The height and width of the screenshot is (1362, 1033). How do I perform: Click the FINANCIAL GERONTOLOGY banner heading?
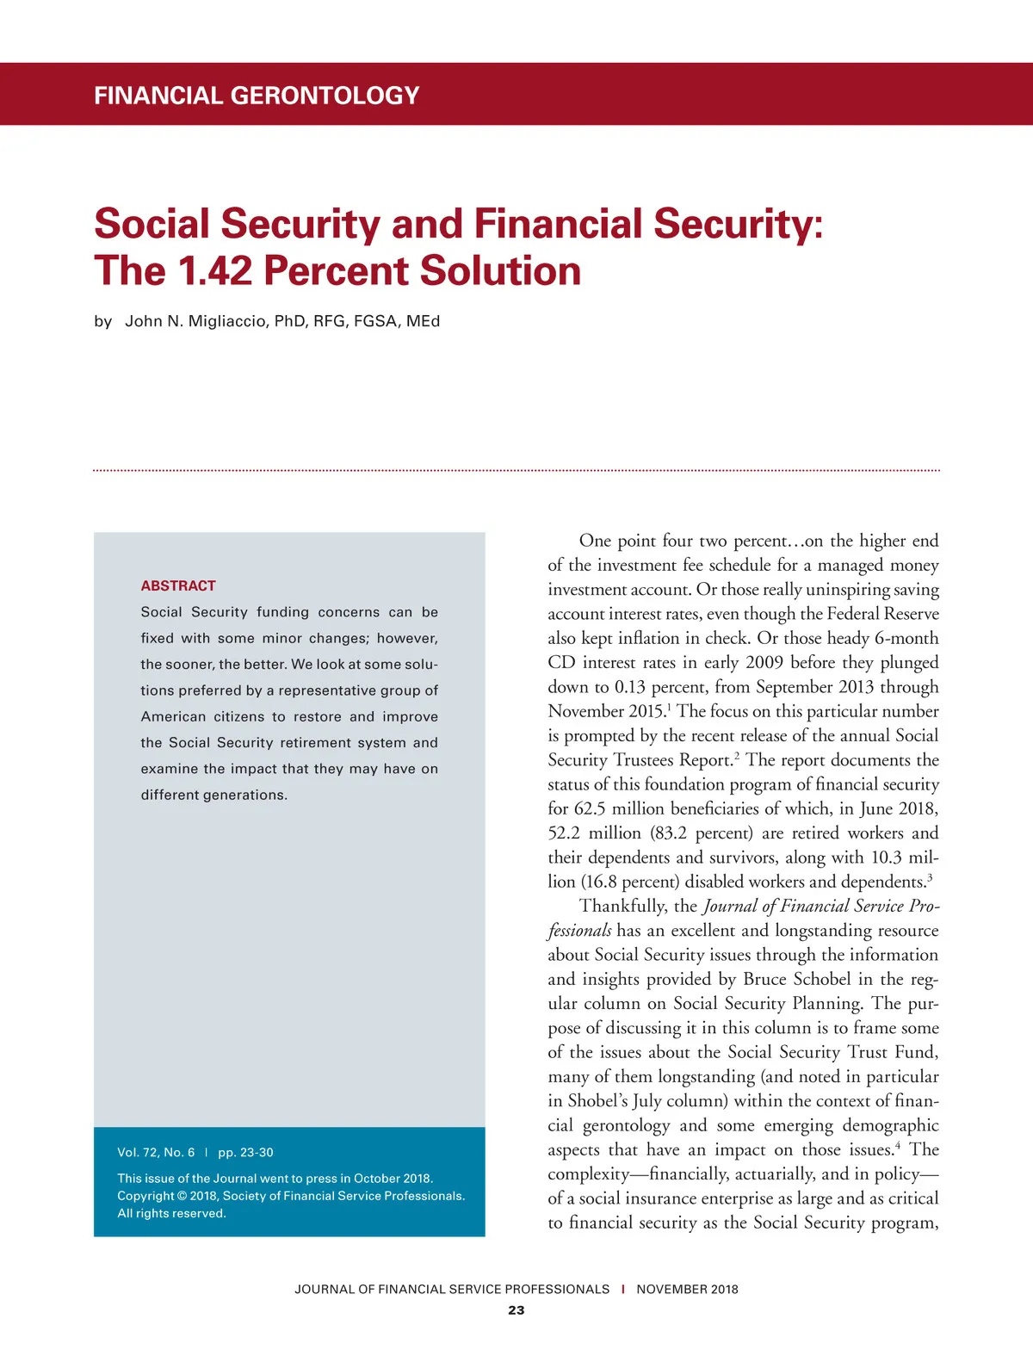tap(257, 95)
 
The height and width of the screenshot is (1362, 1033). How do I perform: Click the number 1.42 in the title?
tap(215, 270)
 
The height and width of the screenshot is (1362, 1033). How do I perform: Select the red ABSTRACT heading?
tap(178, 585)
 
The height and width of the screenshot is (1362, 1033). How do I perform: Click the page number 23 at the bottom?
tap(516, 1310)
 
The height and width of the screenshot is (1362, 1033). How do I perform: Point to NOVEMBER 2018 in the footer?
tap(687, 1289)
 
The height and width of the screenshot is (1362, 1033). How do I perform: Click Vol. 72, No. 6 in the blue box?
tap(156, 1152)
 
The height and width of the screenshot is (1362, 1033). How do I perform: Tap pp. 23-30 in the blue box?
tap(245, 1152)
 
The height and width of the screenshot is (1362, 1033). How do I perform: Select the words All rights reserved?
tap(171, 1213)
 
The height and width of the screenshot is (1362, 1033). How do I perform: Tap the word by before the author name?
tap(103, 321)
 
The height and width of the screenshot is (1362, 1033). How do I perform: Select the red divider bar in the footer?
tap(622, 1289)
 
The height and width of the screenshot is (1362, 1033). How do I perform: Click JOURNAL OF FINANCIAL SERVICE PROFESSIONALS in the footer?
tap(452, 1289)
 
